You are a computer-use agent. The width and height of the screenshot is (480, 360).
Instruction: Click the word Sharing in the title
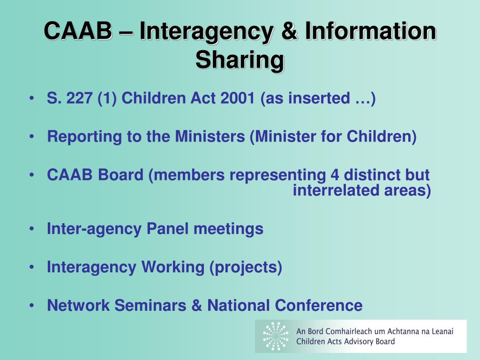point(240,60)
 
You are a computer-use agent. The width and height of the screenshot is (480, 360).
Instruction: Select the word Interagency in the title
point(206,31)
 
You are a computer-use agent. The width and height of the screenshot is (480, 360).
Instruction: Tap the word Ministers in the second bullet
point(210,136)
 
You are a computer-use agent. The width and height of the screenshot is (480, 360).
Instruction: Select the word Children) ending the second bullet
point(382,136)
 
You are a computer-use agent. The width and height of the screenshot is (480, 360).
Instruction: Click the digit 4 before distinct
point(334,175)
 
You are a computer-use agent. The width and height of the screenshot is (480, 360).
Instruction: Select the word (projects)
point(246,267)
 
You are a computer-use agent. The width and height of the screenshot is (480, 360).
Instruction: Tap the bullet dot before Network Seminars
point(31,305)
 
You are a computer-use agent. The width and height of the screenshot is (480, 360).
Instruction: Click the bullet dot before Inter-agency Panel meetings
point(31,229)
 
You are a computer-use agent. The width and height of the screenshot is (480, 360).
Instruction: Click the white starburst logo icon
point(276,336)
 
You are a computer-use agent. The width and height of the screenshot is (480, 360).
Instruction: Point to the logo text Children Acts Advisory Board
point(345,341)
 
